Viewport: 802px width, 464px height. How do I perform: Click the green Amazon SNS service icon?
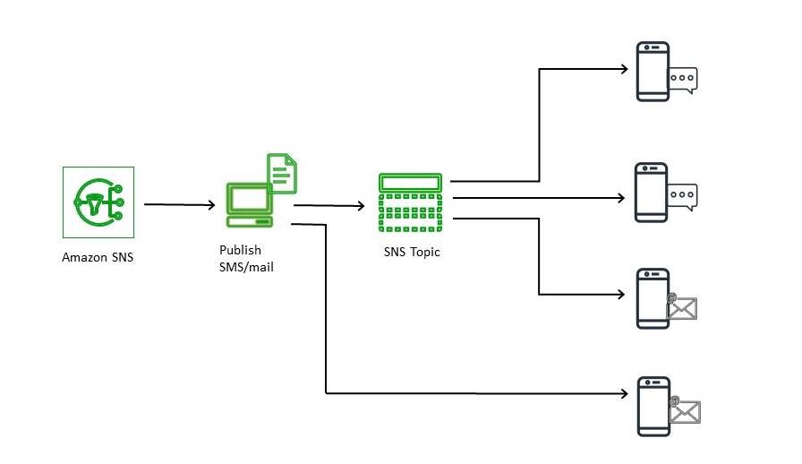point(98,202)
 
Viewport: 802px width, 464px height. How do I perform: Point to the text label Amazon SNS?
point(98,257)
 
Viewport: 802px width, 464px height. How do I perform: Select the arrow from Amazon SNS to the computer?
point(179,205)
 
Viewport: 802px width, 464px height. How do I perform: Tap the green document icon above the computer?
point(282,173)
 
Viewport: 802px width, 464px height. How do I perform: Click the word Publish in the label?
point(240,250)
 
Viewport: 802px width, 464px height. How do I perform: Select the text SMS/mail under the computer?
point(246,266)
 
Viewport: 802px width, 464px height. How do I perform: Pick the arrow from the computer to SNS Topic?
point(328,206)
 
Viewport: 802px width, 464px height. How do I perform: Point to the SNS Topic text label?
point(412,252)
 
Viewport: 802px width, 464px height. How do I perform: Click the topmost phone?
point(653,71)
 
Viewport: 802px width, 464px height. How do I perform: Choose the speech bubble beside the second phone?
point(683,194)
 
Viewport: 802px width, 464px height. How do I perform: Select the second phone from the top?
point(652,192)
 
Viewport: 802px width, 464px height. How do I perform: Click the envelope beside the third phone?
point(681,307)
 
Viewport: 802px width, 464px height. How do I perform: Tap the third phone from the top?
point(652,298)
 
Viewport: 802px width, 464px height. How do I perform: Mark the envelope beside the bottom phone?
point(685,410)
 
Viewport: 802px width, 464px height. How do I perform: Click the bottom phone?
point(653,406)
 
